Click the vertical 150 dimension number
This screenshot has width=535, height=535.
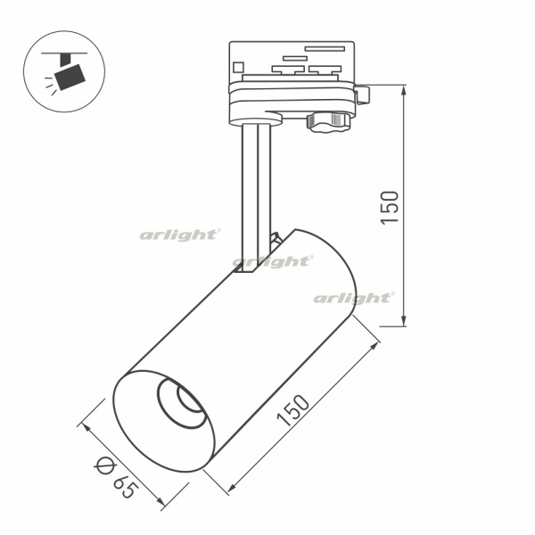click(390, 208)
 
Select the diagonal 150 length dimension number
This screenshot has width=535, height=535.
click(293, 410)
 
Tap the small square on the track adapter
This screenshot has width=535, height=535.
click(238, 67)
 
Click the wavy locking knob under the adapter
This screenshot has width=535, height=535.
click(328, 122)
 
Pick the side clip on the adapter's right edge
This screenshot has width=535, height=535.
click(362, 95)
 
